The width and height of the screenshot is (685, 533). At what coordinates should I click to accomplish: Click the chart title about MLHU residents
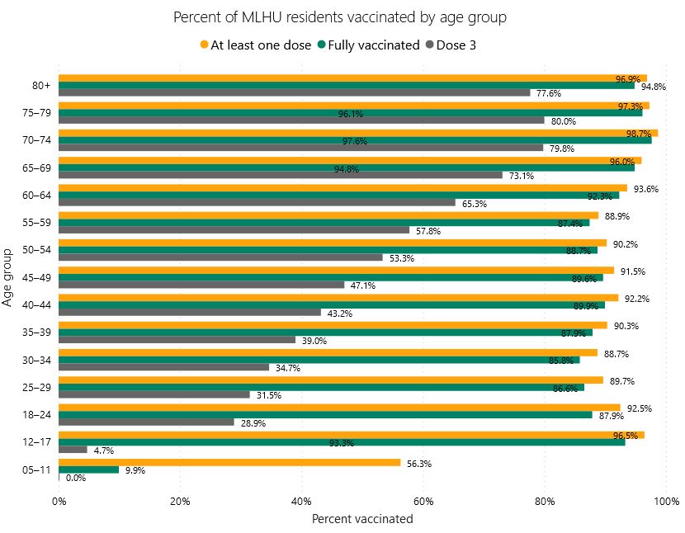340,17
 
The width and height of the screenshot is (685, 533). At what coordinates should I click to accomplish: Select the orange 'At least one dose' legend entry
254,45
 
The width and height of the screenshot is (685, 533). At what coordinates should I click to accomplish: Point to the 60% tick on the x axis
423,501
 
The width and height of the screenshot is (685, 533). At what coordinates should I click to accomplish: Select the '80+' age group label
40,85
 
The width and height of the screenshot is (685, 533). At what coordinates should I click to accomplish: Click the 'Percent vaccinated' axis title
362,519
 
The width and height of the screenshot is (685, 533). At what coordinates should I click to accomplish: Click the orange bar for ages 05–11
229,463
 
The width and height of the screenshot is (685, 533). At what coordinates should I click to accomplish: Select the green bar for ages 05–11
89,470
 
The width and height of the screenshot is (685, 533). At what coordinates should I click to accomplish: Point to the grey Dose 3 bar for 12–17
73,450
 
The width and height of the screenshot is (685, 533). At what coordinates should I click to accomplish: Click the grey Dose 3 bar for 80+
295,92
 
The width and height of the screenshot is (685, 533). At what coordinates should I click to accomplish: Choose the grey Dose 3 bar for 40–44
190,313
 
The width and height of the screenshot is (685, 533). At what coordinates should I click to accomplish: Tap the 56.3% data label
419,464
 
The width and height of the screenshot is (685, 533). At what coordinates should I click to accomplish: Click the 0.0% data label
76,478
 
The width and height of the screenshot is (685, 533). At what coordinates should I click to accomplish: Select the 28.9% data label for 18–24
253,422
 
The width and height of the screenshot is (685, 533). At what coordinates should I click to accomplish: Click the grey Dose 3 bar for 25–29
154,394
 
